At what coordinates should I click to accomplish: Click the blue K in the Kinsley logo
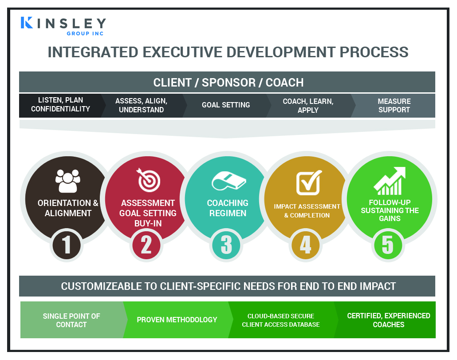27,23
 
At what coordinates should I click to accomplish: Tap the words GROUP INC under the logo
85,34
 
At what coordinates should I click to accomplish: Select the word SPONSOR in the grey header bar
229,83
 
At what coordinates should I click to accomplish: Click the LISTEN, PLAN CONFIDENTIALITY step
61,105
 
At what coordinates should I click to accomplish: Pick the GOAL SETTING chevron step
226,105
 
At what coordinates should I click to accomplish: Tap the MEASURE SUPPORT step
394,106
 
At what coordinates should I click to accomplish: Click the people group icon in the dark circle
68,181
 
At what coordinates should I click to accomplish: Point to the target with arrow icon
148,180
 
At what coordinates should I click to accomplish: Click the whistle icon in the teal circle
229,181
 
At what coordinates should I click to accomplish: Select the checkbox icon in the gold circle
309,182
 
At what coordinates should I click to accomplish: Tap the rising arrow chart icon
390,181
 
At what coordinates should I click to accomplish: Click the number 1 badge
67,245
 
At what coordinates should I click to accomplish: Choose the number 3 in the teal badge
226,245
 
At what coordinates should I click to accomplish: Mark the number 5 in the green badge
388,245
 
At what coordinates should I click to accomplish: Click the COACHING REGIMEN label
228,208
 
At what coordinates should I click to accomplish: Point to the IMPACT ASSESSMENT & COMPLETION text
307,211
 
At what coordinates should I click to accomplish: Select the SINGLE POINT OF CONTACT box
71,320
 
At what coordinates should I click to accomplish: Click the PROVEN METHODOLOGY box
177,320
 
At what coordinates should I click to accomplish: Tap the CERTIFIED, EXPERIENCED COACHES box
389,320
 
